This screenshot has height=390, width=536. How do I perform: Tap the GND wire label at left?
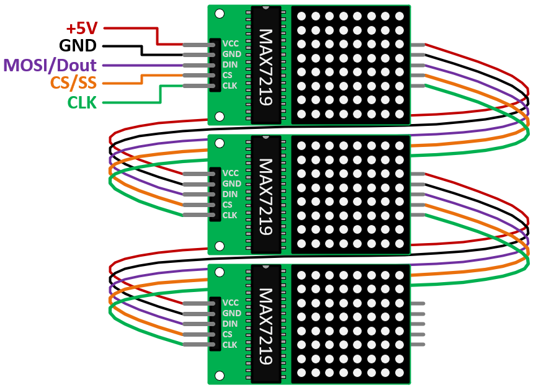[x=78, y=46]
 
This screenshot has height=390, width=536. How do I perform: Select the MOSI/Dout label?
[x=50, y=64]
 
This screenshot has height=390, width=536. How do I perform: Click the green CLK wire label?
[x=82, y=102]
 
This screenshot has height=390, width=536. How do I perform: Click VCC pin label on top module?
[x=231, y=44]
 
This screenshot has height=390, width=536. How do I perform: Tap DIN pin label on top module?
[x=230, y=64]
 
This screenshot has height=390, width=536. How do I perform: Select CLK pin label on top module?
[x=230, y=86]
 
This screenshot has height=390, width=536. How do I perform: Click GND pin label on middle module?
[x=231, y=184]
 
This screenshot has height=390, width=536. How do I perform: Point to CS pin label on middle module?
[x=227, y=205]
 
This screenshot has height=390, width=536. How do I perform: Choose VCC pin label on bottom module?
[x=231, y=303]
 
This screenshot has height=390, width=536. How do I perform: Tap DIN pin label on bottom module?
[x=230, y=324]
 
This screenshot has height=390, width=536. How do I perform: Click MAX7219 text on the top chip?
[x=267, y=67]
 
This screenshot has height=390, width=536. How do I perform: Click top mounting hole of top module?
[x=219, y=13]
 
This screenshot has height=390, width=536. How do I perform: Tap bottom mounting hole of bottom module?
[x=219, y=374]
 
